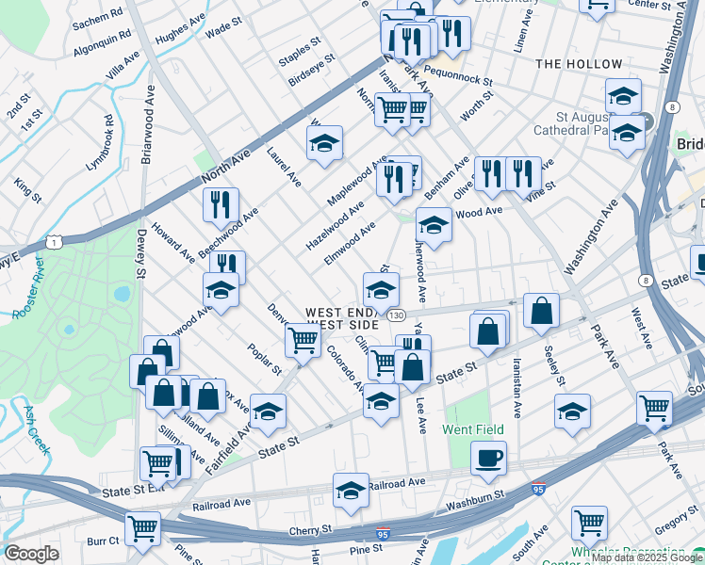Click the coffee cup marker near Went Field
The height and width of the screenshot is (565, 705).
pyautogui.click(x=488, y=460)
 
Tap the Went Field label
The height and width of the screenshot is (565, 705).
pyautogui.click(x=468, y=429)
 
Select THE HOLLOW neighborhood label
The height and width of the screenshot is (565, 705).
pyautogui.click(x=579, y=64)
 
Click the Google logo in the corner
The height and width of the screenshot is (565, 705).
pyautogui.click(x=31, y=554)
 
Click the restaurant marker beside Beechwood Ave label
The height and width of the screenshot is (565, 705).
pyautogui.click(x=221, y=205)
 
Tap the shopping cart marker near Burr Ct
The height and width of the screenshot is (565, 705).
pyautogui.click(x=142, y=530)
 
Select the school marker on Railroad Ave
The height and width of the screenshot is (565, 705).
pyautogui.click(x=352, y=491)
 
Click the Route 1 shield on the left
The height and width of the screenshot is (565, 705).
pyautogui.click(x=57, y=243)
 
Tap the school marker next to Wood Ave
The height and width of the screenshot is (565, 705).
pyautogui.click(x=434, y=226)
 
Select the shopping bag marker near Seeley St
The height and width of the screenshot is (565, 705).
pyautogui.click(x=542, y=312)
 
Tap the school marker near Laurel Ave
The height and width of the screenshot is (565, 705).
pyautogui.click(x=324, y=144)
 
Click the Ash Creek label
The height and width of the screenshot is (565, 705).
pyautogui.click(x=37, y=429)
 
